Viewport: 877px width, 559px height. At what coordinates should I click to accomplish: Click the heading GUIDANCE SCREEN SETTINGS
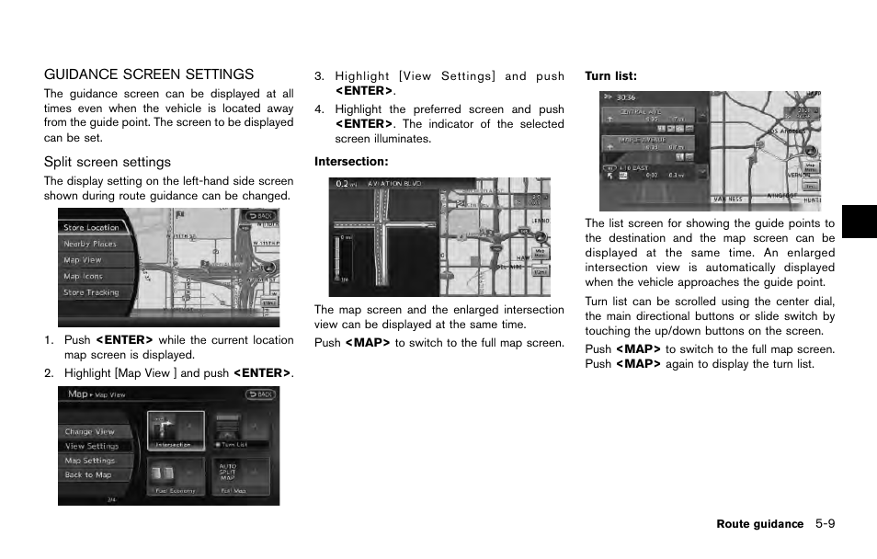pos(149,74)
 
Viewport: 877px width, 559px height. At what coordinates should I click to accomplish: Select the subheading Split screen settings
pos(108,162)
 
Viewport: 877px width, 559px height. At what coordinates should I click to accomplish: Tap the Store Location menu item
pos(91,227)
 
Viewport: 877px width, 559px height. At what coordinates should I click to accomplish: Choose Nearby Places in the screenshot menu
pos(90,244)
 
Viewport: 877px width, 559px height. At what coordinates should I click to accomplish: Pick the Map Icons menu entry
pos(83,276)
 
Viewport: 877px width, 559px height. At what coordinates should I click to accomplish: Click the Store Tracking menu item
pos(91,292)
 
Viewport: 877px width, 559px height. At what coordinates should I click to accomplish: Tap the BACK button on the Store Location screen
pos(259,216)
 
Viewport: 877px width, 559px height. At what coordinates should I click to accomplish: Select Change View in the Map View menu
pos(89,431)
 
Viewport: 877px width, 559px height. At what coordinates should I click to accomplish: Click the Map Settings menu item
pos(89,461)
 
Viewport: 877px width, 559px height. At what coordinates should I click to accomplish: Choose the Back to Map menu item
pos(87,475)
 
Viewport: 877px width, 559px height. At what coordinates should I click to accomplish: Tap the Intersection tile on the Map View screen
pos(174,430)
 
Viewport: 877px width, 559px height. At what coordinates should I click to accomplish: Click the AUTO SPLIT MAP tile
pos(227,472)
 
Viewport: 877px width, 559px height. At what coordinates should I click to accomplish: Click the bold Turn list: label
pos(611,76)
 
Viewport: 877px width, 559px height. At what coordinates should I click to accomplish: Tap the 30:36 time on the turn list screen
pos(626,97)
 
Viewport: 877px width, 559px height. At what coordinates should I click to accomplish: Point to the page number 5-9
pos(824,524)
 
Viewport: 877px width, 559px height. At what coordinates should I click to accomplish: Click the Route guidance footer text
pos(759,524)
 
